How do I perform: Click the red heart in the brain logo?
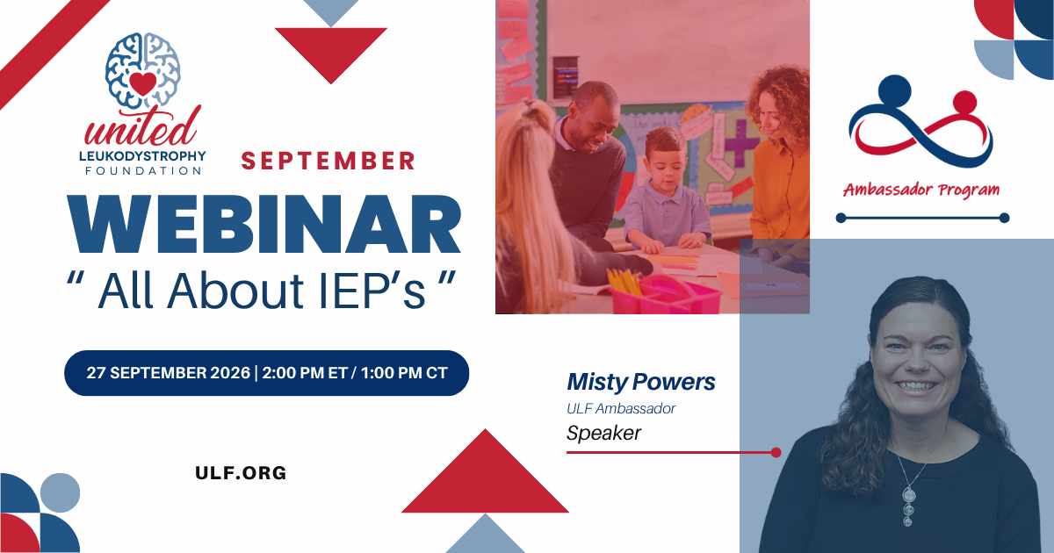pyautogui.click(x=143, y=83)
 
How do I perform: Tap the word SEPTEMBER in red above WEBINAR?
pyautogui.click(x=328, y=161)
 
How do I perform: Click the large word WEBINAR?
pyautogui.click(x=263, y=225)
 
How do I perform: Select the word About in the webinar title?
pyautogui.click(x=235, y=291)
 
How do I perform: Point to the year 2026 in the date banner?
pyautogui.click(x=230, y=373)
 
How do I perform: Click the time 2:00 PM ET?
pyautogui.click(x=305, y=373)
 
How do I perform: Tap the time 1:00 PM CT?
pyautogui.click(x=404, y=373)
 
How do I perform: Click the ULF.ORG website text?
pyautogui.click(x=241, y=473)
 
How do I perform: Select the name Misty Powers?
pyautogui.click(x=641, y=382)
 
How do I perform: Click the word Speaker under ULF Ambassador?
pyautogui.click(x=603, y=433)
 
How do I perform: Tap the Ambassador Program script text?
pyautogui.click(x=921, y=190)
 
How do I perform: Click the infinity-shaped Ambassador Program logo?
pyautogui.click(x=920, y=121)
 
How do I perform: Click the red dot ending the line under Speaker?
pyautogui.click(x=776, y=452)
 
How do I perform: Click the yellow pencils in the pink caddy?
pyautogui.click(x=624, y=281)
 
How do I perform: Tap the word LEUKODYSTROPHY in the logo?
pyautogui.click(x=142, y=155)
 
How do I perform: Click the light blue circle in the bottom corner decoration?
pyautogui.click(x=60, y=492)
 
